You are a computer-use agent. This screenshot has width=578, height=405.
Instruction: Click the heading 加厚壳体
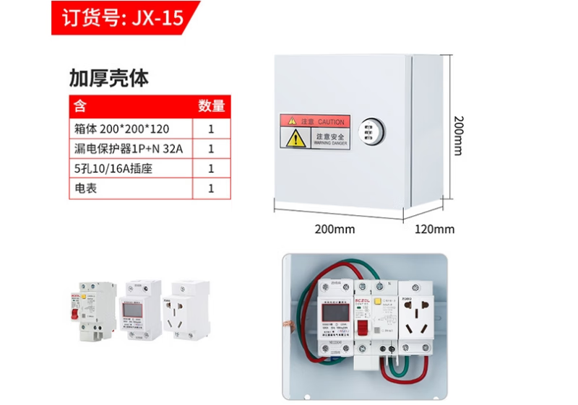click(x=108, y=78)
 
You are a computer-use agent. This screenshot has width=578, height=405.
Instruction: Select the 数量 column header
click(x=212, y=106)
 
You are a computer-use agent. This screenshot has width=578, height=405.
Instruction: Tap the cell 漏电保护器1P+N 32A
click(x=129, y=149)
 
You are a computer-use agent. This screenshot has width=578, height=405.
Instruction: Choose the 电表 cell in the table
click(x=86, y=188)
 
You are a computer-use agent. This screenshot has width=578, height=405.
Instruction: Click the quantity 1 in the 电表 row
click(x=212, y=188)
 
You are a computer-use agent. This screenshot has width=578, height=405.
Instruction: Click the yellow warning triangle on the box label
click(x=296, y=139)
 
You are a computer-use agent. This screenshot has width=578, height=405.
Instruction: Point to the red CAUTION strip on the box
click(x=316, y=122)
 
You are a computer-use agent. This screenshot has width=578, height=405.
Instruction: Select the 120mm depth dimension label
click(x=435, y=230)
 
